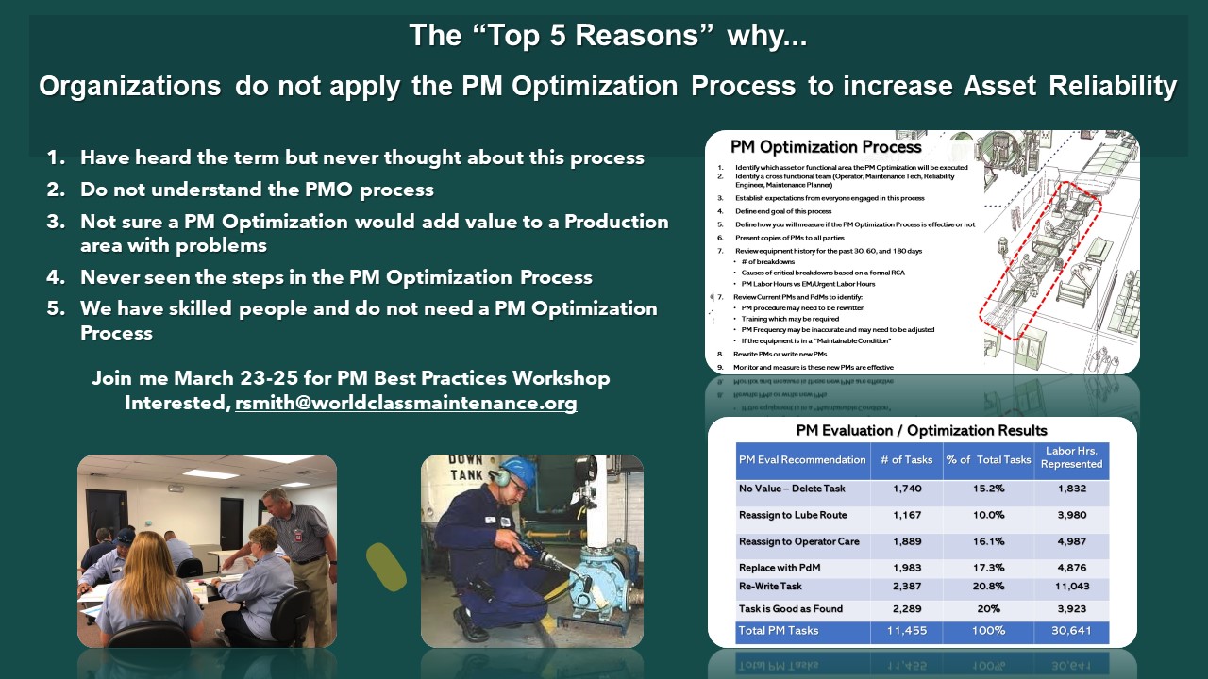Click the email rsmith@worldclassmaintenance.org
[406, 403]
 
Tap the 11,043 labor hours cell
[1071, 586]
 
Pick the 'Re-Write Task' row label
[776, 586]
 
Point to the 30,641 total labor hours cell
[1071, 630]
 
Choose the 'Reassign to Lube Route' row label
[793, 515]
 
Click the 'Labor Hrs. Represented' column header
[1071, 458]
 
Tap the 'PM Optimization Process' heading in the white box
[826, 147]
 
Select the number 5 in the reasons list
[55, 308]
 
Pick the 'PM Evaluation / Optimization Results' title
[922, 431]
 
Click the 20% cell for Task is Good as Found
[988, 608]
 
